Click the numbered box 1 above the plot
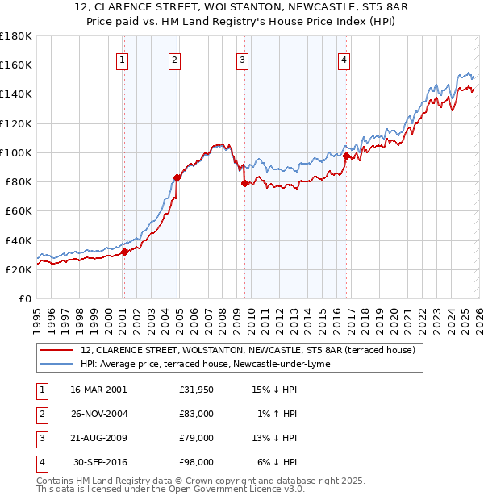122,58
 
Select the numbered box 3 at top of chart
242,58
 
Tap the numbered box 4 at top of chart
344,58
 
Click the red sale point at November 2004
177,177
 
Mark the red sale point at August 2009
244,183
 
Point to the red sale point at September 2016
346,156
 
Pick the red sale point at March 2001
124,252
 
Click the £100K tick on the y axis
15,152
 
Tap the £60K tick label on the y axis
18,210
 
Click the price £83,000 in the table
197,414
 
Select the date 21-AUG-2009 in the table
98,438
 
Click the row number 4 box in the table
41,462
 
